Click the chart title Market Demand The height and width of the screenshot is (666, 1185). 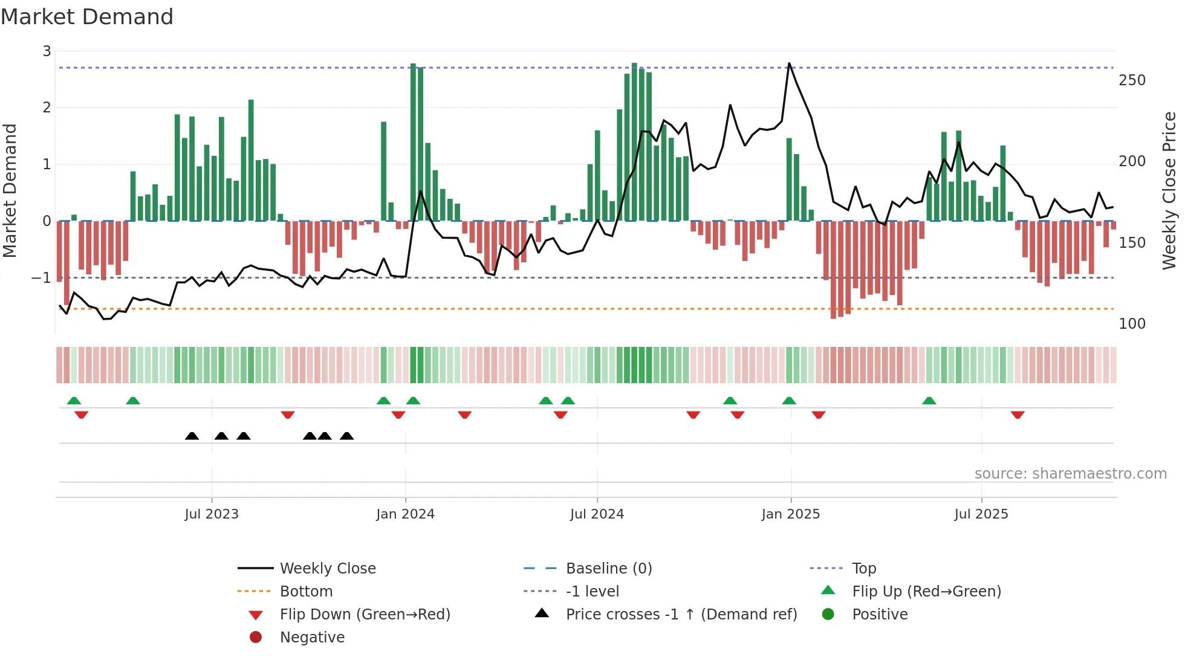click(87, 17)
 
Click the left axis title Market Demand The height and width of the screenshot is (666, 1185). click(10, 190)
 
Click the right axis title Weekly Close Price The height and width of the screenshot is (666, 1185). click(1169, 190)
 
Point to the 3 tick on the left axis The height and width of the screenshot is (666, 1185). click(47, 51)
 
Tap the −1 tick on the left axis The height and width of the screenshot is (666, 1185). click(42, 278)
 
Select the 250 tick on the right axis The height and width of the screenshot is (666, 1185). click(1132, 80)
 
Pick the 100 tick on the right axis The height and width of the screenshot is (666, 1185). click(1132, 324)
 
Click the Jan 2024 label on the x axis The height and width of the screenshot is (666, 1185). click(405, 514)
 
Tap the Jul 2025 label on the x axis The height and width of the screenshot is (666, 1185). click(981, 514)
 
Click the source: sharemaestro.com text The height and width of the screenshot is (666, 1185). click(1070, 474)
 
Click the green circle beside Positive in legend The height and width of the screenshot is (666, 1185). click(828, 615)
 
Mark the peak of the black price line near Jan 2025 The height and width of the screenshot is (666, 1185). click(789, 63)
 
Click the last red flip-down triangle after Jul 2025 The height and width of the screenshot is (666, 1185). click(1018, 415)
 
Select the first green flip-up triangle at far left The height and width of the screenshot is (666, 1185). click(74, 401)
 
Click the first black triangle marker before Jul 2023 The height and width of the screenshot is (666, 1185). click(192, 436)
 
